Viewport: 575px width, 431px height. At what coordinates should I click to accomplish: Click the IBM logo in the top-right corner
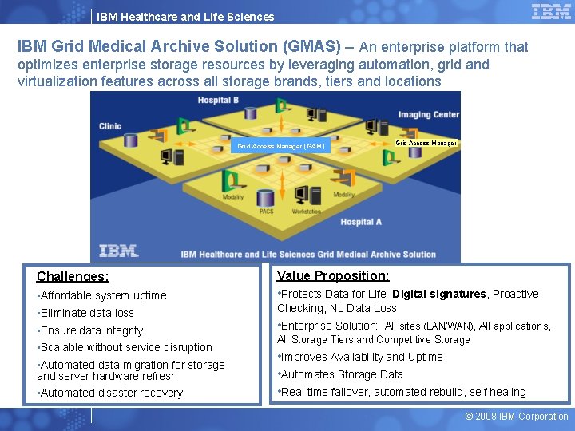coord(551,12)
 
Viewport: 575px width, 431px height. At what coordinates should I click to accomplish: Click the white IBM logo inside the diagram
coord(118,251)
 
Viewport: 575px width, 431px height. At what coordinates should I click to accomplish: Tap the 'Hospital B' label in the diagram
coord(220,101)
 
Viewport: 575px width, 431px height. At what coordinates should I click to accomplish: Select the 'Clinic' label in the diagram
coord(110,126)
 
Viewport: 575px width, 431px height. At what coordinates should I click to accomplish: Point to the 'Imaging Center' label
coord(429,115)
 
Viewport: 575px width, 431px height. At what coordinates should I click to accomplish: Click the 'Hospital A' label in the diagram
coord(361,222)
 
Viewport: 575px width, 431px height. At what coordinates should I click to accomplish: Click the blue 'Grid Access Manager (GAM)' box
coord(280,146)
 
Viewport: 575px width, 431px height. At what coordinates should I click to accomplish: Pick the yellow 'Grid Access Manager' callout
coord(426,143)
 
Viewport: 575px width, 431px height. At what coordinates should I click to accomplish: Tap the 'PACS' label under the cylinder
coord(266,212)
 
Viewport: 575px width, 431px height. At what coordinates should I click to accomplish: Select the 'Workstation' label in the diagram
coord(306,212)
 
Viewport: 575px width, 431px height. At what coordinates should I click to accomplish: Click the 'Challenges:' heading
coord(73,277)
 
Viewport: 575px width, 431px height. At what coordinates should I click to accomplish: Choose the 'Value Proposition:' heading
coord(333,275)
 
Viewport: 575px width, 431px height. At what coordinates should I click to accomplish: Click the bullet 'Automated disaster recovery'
coord(111,393)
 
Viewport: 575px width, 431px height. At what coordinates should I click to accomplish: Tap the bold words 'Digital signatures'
coord(439,294)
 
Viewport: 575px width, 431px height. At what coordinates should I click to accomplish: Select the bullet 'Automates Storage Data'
coord(341,374)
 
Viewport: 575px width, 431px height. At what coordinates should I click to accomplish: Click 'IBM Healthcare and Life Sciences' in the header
coord(185,16)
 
